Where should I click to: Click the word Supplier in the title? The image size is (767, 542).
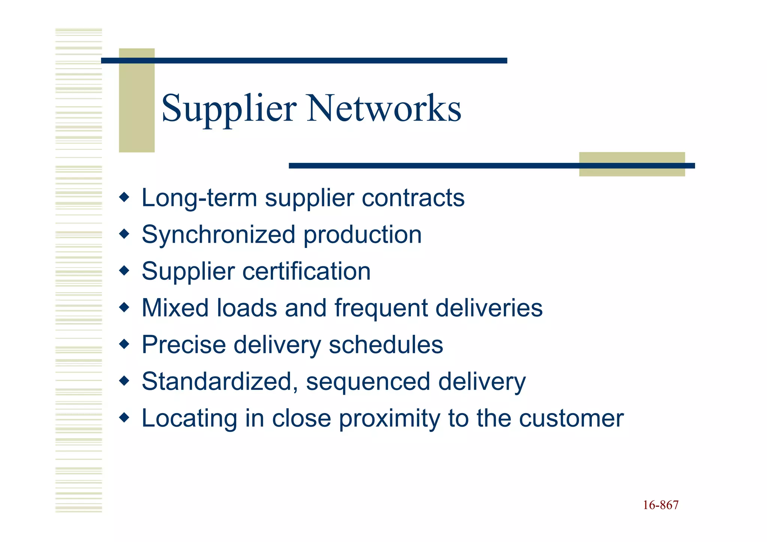tap(229, 109)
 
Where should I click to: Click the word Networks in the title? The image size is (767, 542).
tap(384, 109)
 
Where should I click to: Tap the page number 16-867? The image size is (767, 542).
tap(661, 505)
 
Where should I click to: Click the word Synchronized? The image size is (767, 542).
tap(219, 235)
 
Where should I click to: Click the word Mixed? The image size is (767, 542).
tap(175, 308)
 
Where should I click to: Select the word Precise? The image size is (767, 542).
tap(184, 345)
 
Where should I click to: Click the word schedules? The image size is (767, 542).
tap(386, 345)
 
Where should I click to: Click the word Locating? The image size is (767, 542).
tap(190, 419)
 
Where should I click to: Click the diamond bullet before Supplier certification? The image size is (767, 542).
tap(124, 270)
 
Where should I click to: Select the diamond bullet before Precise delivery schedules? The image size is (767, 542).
tap(124, 344)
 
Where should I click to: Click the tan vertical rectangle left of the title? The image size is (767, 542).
tap(137, 100)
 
